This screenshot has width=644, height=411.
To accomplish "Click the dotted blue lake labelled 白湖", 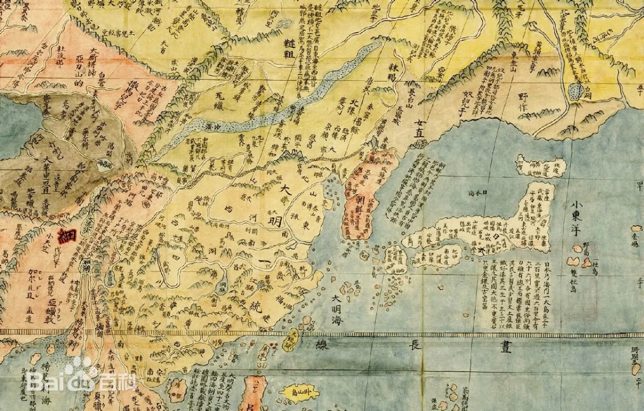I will coord(577,90).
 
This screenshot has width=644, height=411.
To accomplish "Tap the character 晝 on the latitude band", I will coord(504,347).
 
